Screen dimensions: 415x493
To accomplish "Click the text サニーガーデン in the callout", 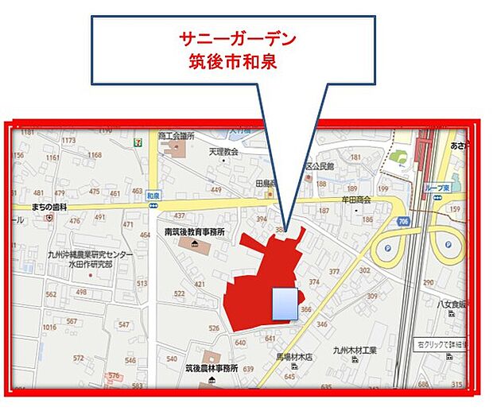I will pos(231,37).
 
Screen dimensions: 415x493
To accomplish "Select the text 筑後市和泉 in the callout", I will pos(231,61).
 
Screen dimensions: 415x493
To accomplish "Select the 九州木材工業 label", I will pos(355,350).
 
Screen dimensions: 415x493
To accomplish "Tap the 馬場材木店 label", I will pos(294,357).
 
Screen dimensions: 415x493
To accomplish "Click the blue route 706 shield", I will pos(405,222).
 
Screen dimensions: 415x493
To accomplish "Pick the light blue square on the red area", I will pos(284,304).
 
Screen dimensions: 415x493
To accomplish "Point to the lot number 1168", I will pos(95,155).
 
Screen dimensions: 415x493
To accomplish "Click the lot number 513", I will pos(142,284).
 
